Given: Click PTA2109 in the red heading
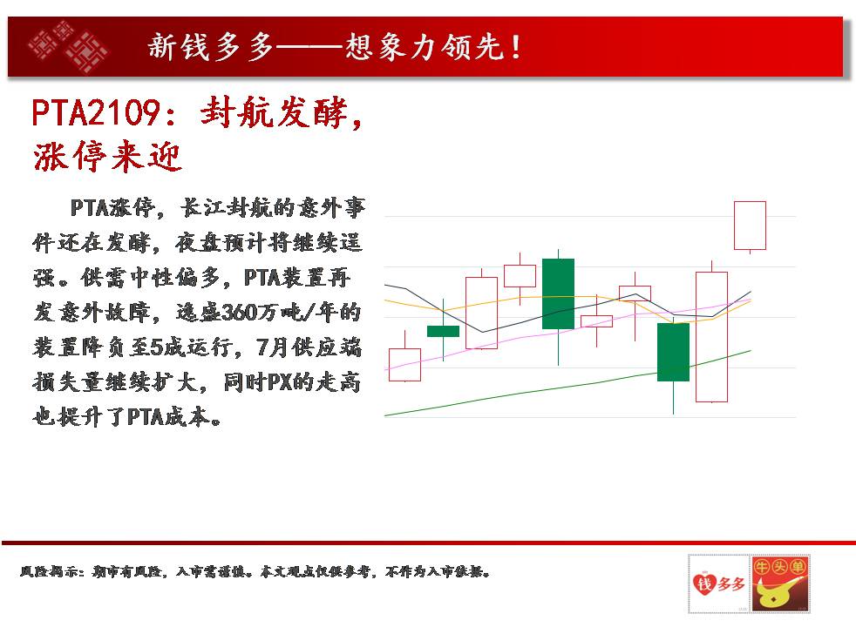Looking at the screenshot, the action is (x=95, y=113).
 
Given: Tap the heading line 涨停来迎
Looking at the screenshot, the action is (x=107, y=156).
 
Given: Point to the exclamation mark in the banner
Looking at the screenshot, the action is (x=515, y=47).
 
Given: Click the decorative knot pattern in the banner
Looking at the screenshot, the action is (x=69, y=47).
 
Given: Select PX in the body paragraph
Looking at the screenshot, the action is (x=280, y=382).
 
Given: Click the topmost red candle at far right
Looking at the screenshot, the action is (x=751, y=226).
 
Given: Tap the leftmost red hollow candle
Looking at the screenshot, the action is (x=404, y=365).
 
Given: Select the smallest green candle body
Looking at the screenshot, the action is (x=443, y=331).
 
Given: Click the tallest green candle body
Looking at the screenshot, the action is (x=558, y=293).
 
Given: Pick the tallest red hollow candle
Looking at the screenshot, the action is (x=711, y=337).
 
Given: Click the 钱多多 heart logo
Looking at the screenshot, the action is (x=718, y=584).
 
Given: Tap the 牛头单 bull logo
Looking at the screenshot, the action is (x=780, y=584).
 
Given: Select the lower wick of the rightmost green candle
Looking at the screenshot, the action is (x=673, y=397).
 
